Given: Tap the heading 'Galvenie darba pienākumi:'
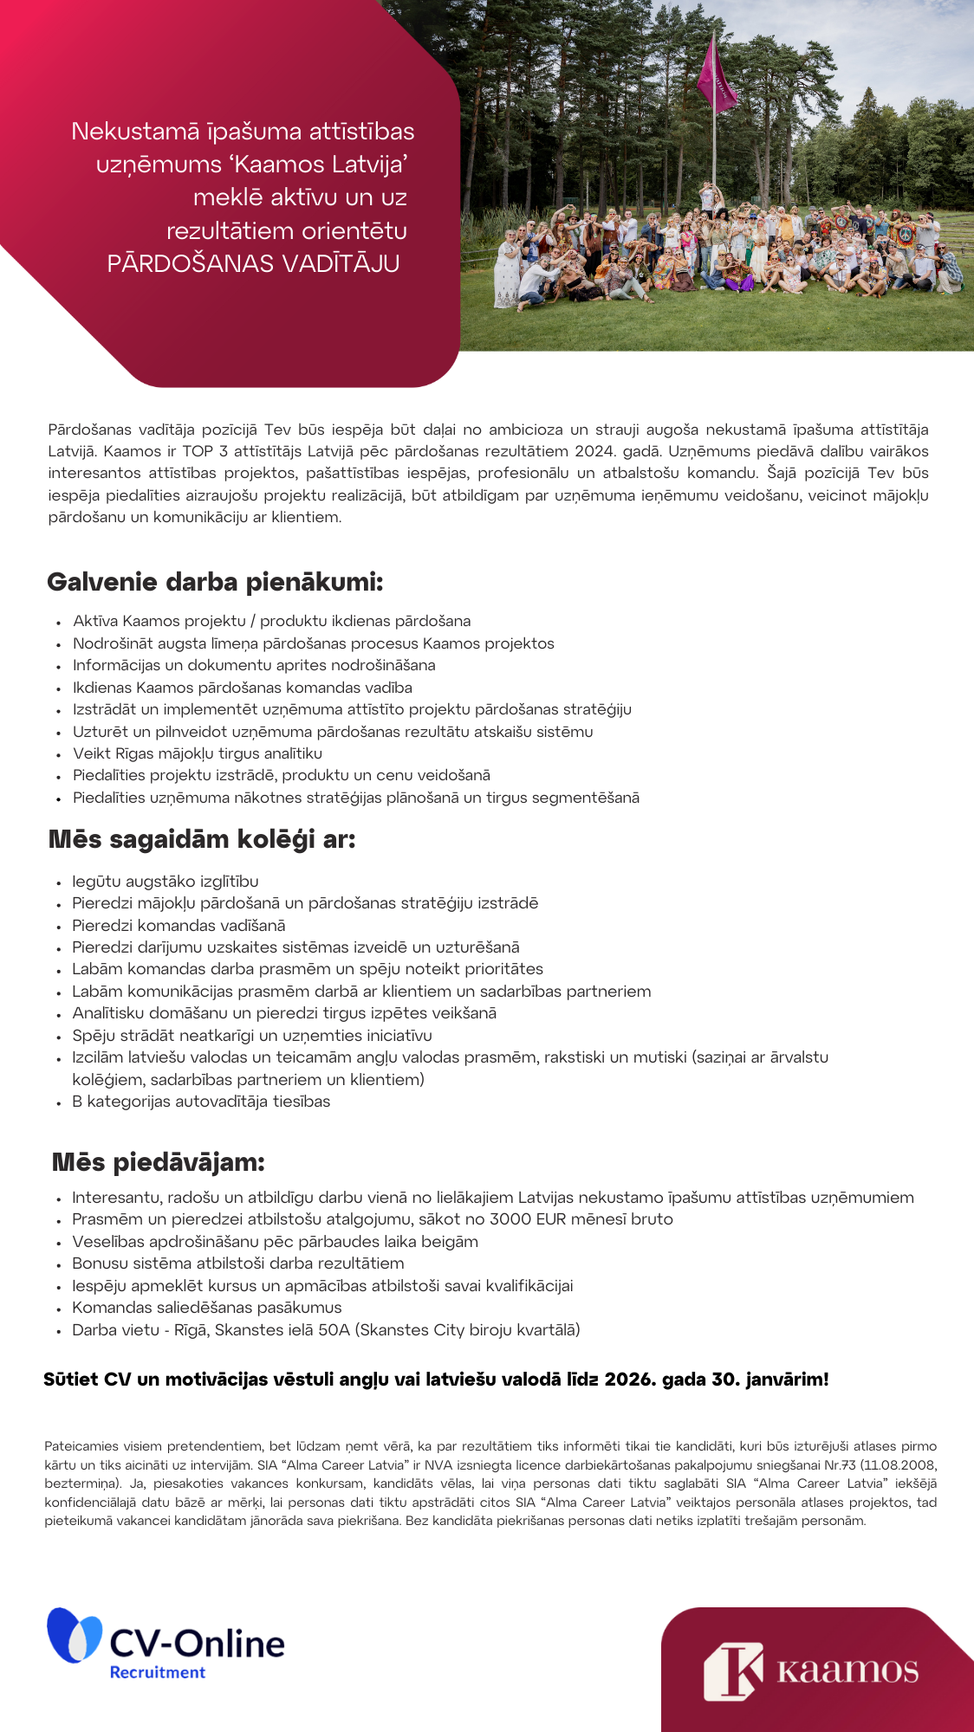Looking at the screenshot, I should click(x=215, y=582).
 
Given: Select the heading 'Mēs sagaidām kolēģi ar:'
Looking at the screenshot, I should click(x=202, y=839).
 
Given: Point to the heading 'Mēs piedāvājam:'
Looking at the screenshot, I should click(x=159, y=1162).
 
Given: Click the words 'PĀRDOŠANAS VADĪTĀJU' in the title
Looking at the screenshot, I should click(x=253, y=263).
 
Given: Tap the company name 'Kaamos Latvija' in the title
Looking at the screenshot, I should click(x=321, y=165).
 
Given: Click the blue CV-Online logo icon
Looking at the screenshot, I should click(x=74, y=1636).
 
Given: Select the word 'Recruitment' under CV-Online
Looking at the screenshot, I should click(x=157, y=1672).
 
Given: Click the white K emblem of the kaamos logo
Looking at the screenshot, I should click(x=733, y=1671).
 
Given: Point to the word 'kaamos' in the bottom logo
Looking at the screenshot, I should click(x=847, y=1671).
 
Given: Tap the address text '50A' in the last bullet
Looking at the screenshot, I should click(x=334, y=1330).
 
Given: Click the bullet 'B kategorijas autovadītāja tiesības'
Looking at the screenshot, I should click(x=201, y=1102).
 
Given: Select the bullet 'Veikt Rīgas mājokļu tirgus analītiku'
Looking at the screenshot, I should click(x=198, y=753).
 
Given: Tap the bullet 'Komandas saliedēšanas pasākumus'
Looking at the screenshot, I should click(x=207, y=1308).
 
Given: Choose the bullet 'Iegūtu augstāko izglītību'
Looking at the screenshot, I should click(x=166, y=882).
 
